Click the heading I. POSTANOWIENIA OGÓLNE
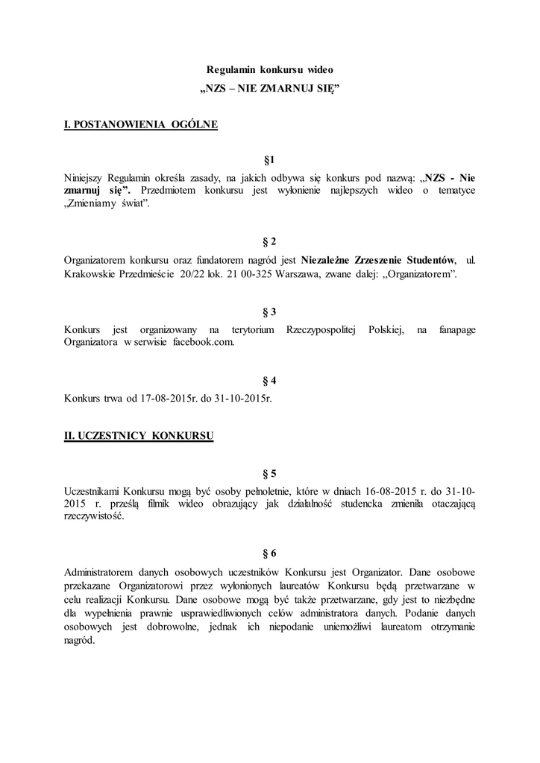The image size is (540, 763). coord(141,124)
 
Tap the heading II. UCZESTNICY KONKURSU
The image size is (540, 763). coord(139,437)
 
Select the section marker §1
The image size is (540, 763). coord(270,160)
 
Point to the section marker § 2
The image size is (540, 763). coord(270,241)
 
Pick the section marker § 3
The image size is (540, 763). coord(270,311)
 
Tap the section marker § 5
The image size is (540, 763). coord(270,473)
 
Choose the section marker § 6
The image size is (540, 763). coord(270,554)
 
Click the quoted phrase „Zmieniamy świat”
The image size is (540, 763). coord(107,205)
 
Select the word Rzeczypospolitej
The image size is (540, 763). coord(318,329)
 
